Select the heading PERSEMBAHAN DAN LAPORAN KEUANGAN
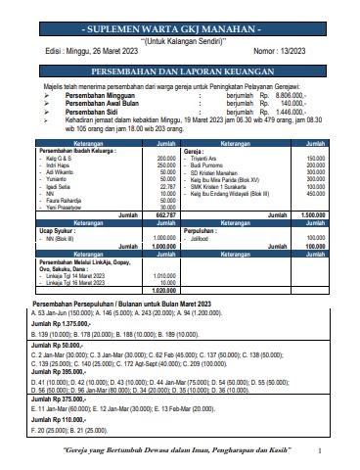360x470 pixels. coord(180,72)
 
